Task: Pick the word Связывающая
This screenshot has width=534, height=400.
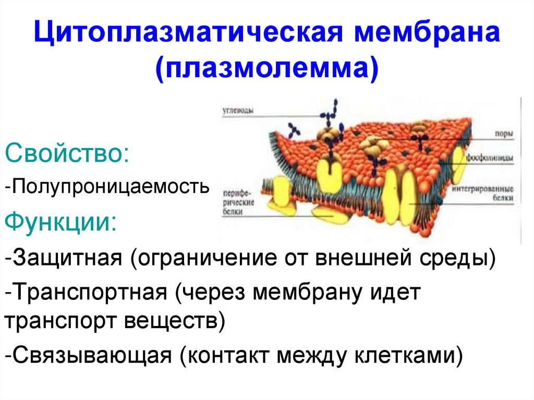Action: [x=88, y=356]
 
